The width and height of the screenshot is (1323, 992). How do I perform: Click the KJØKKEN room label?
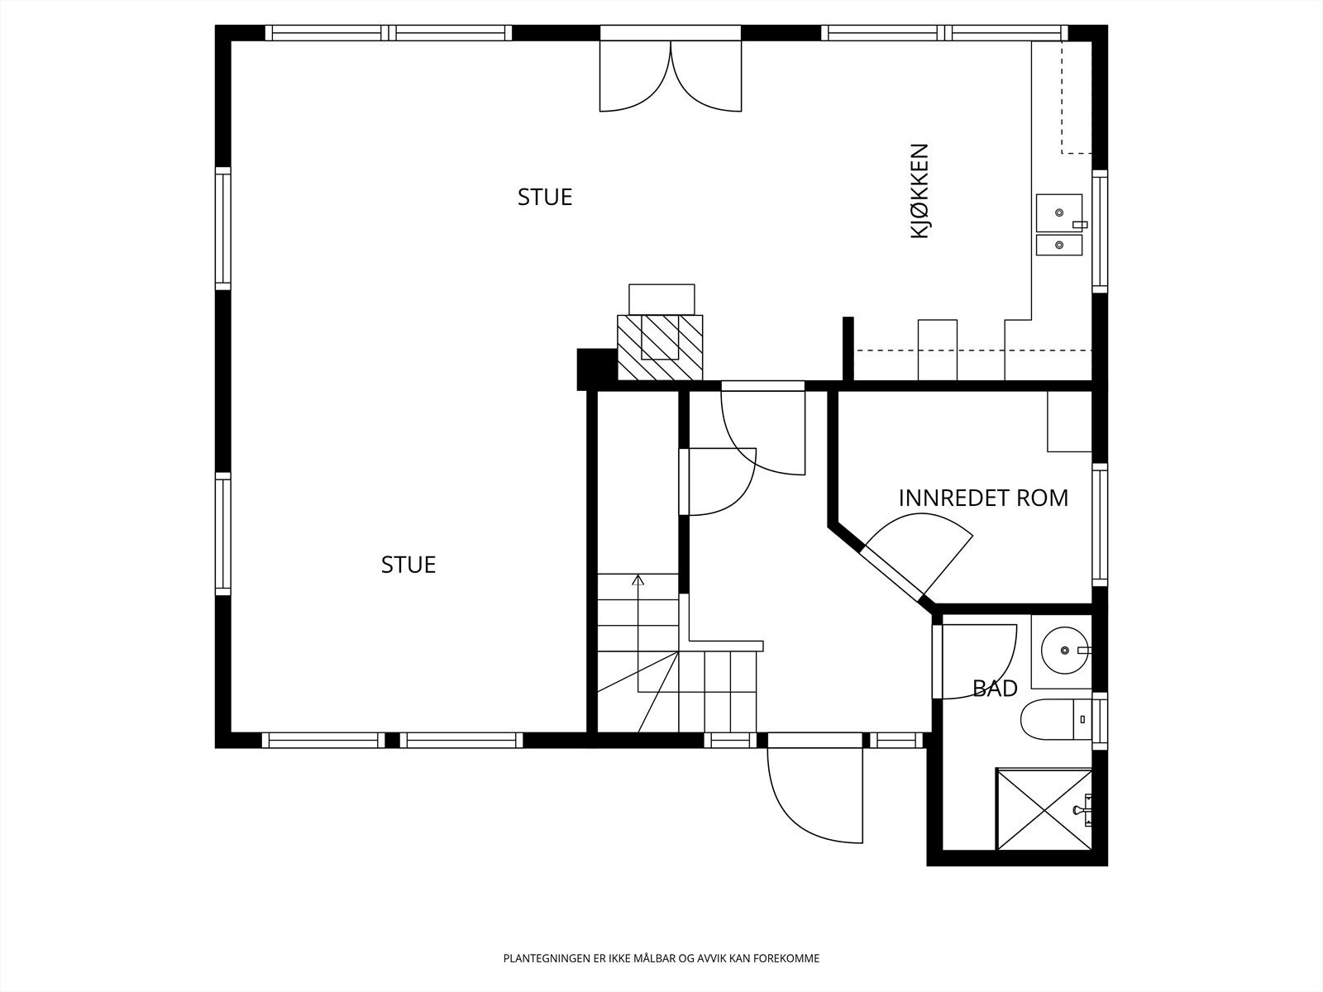(919, 191)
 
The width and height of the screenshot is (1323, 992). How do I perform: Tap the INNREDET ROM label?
(983, 498)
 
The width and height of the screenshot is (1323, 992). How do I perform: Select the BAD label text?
(995, 688)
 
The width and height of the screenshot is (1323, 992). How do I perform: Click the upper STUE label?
(545, 197)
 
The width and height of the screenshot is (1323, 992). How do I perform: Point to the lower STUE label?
(408, 565)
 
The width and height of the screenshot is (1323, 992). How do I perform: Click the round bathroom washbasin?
(1064, 651)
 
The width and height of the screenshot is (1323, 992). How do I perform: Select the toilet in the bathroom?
(1056, 719)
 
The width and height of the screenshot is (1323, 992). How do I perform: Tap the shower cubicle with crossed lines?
(1044, 808)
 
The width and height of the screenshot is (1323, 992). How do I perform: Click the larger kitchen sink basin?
(1059, 212)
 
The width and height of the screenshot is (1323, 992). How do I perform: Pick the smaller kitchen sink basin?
(1059, 246)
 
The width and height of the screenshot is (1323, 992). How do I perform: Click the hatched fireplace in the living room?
(660, 347)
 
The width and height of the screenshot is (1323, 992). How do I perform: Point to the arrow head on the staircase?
(638, 580)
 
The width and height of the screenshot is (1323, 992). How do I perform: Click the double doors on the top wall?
(671, 75)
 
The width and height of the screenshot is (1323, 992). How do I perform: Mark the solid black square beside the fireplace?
(597, 370)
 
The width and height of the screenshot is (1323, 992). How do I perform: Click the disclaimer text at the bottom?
(661, 958)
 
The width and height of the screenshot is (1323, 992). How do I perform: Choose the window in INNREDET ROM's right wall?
(1100, 525)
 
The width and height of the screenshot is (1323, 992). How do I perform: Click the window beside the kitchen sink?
(1100, 231)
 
